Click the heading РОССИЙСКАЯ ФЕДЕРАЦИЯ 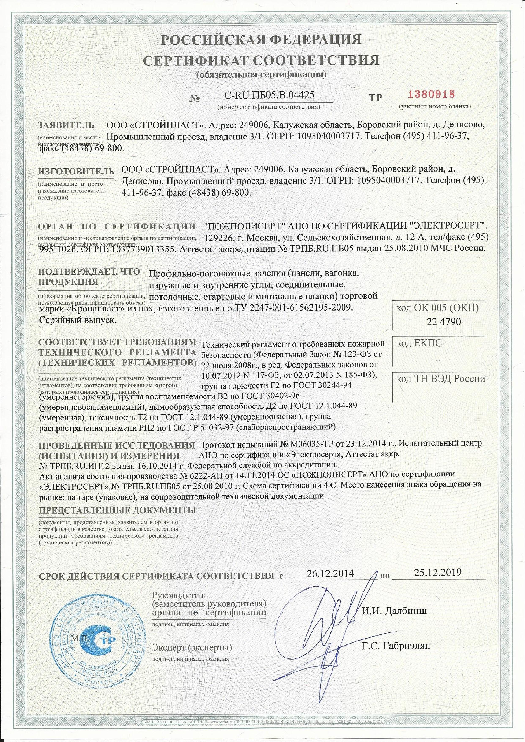(x=261, y=40)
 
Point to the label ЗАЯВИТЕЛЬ (x=66, y=125)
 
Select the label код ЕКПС (x=419, y=343)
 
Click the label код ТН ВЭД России (x=441, y=379)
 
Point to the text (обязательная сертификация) (x=261, y=75)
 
